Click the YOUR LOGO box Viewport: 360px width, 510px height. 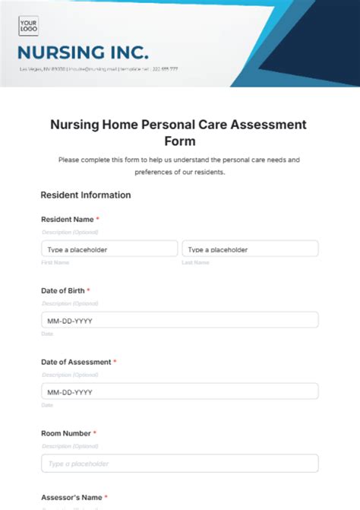pyautogui.click(x=29, y=27)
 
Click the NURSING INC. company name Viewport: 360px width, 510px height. pyautogui.click(x=83, y=52)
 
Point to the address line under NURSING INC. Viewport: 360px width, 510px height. pyautogui.click(x=99, y=69)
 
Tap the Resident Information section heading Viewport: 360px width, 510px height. pyautogui.click(x=85, y=195)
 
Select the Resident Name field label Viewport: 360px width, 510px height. pyautogui.click(x=67, y=219)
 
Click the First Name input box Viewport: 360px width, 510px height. pyautogui.click(x=109, y=249)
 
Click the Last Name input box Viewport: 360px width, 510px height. pyautogui.click(x=250, y=249)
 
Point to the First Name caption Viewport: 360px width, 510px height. pyautogui.click(x=55, y=262)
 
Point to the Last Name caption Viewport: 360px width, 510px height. pyautogui.click(x=195, y=262)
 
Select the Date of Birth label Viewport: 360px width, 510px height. pyautogui.click(x=62, y=290)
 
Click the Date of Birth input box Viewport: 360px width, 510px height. pyautogui.click(x=179, y=320)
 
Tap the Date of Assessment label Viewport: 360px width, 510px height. pyautogui.click(x=75, y=362)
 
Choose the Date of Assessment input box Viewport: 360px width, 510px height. pyautogui.click(x=179, y=391)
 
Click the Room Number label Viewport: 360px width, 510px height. pyautogui.click(x=65, y=433)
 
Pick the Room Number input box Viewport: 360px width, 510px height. pyautogui.click(x=179, y=463)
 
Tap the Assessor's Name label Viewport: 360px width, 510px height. pyautogui.click(x=71, y=497)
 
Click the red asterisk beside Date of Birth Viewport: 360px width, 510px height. pyautogui.click(x=88, y=290)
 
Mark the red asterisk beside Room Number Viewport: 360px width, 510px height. pyautogui.click(x=94, y=433)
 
